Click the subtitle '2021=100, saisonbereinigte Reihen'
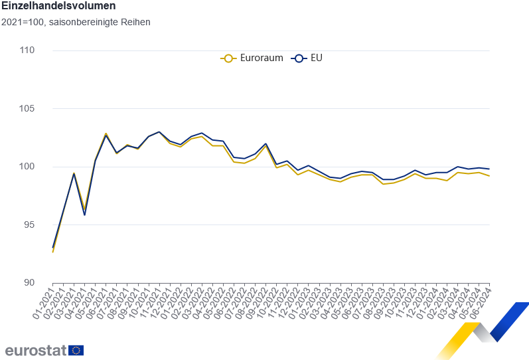click(76, 22)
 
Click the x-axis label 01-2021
click(44, 302)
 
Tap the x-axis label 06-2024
click(481, 302)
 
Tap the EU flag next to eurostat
click(76, 350)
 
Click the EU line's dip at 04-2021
click(84, 215)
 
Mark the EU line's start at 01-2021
click(52, 248)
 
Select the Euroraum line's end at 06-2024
click(490, 176)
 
